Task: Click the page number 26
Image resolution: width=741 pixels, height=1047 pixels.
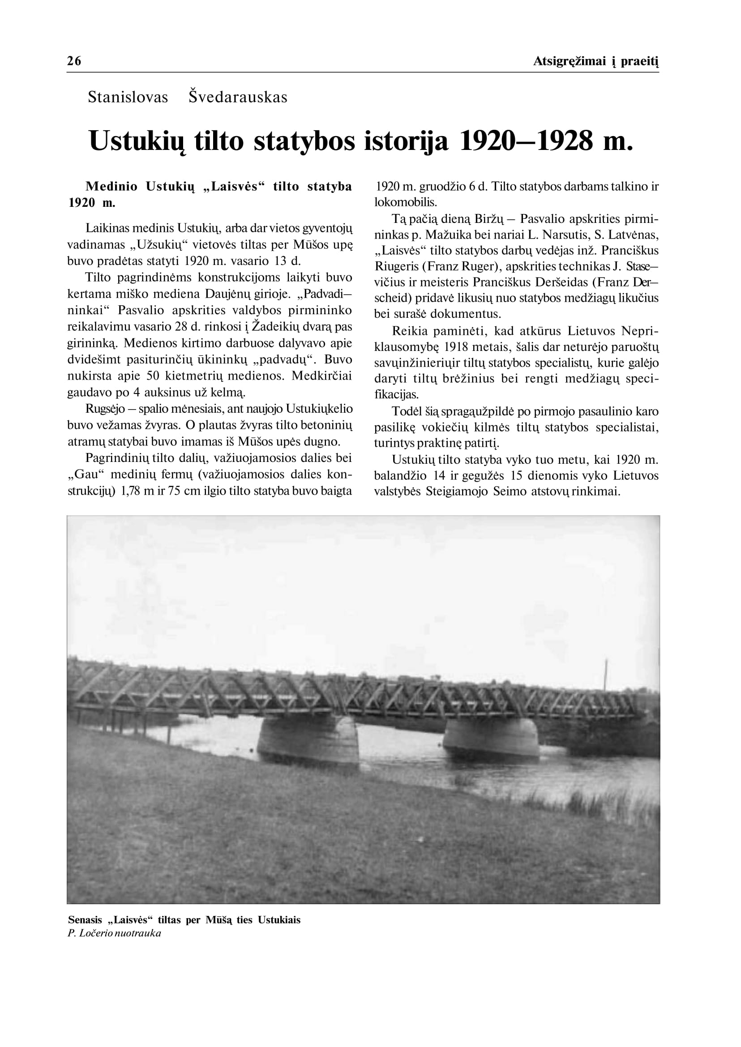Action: [x=74, y=61]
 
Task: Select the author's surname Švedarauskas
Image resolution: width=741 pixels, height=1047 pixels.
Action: [x=238, y=97]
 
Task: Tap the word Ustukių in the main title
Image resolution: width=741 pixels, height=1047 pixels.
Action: [x=137, y=141]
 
